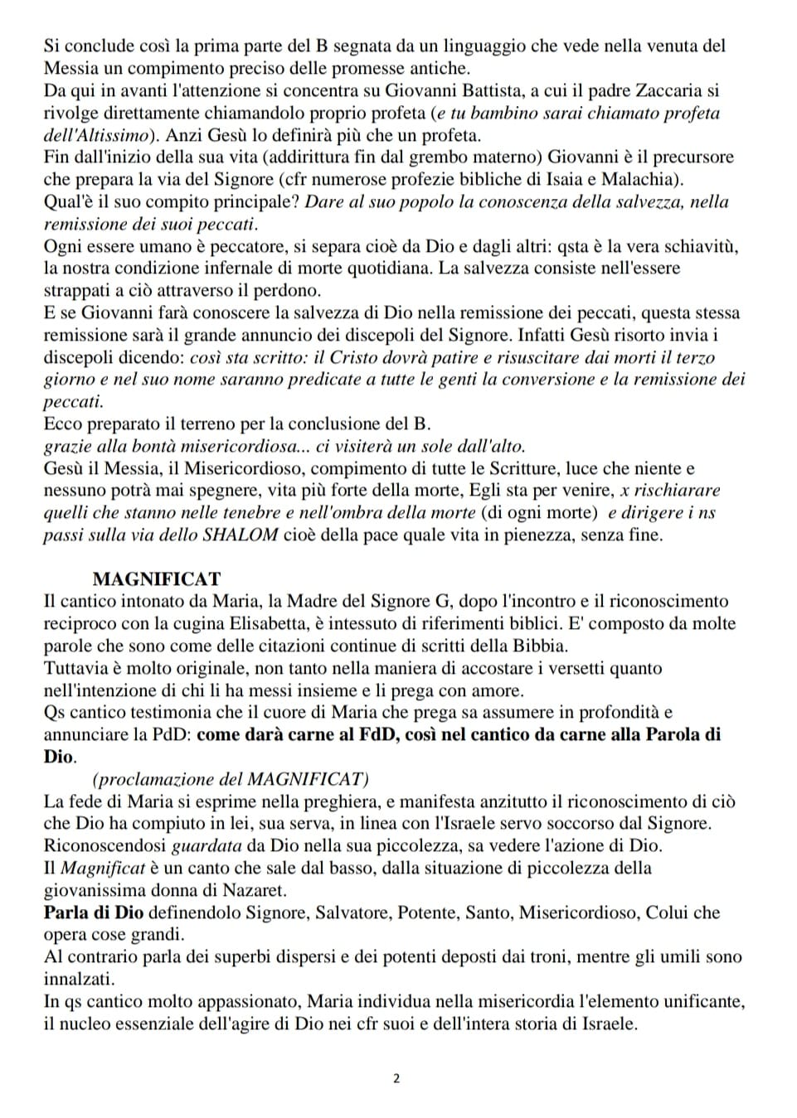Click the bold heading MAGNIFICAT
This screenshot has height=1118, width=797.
157,578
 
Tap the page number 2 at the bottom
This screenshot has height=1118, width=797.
396,1078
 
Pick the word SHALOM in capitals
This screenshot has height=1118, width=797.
241,535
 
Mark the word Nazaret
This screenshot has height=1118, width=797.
254,890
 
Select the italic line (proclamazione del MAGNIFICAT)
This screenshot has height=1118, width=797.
231,779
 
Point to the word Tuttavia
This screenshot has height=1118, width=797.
75,668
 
